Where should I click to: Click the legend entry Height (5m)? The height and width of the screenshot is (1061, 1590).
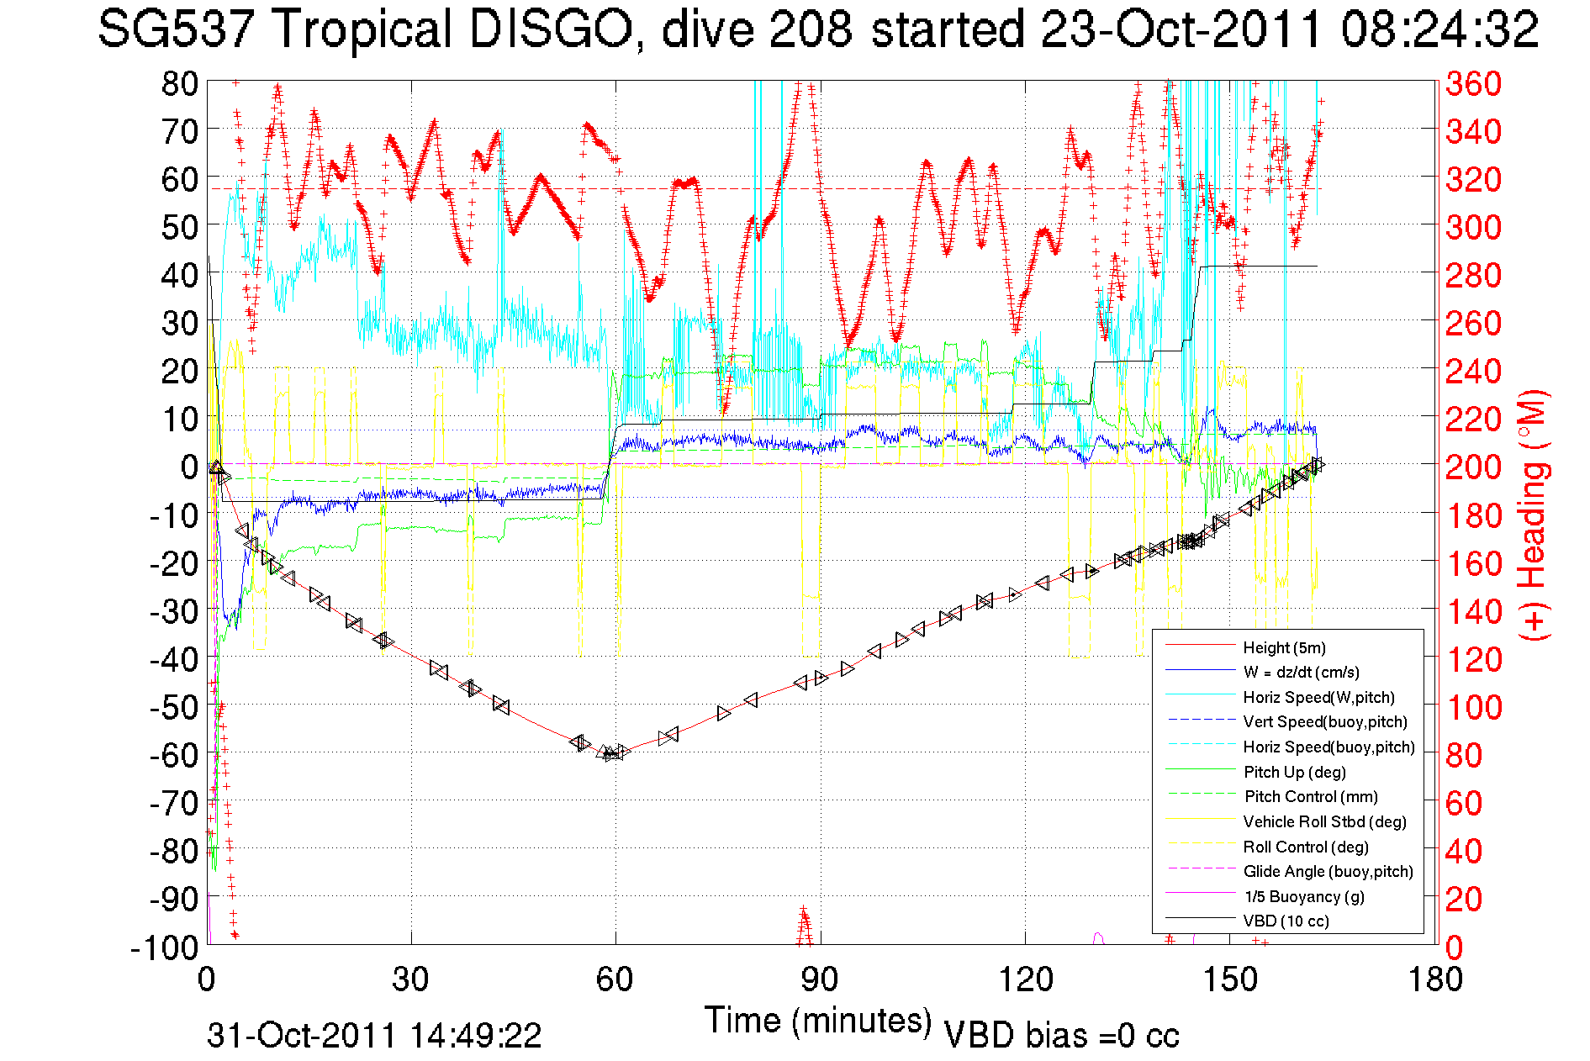coord(1284,647)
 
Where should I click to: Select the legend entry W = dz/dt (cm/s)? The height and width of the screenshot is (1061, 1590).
coord(1301,672)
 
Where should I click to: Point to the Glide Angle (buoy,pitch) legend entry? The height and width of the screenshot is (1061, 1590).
coord(1328,872)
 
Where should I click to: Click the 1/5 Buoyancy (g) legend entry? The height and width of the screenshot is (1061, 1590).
coord(1304,896)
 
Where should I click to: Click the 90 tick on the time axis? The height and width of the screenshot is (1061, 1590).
coord(819,979)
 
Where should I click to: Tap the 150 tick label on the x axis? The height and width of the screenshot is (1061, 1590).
coord(1229,979)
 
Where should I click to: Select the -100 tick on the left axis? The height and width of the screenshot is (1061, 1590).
coord(164,948)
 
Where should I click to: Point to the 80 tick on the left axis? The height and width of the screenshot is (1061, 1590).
coord(179,83)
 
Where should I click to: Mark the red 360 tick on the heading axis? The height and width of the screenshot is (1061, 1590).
coord(1473,83)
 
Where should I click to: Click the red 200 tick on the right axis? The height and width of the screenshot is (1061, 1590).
coord(1473,467)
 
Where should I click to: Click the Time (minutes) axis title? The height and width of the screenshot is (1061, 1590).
coord(817,1021)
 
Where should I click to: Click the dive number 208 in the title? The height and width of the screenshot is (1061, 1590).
coord(810,29)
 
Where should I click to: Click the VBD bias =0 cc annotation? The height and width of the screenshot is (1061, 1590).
coord(1061,1036)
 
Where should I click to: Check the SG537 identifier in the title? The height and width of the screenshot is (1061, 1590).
coord(175,29)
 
